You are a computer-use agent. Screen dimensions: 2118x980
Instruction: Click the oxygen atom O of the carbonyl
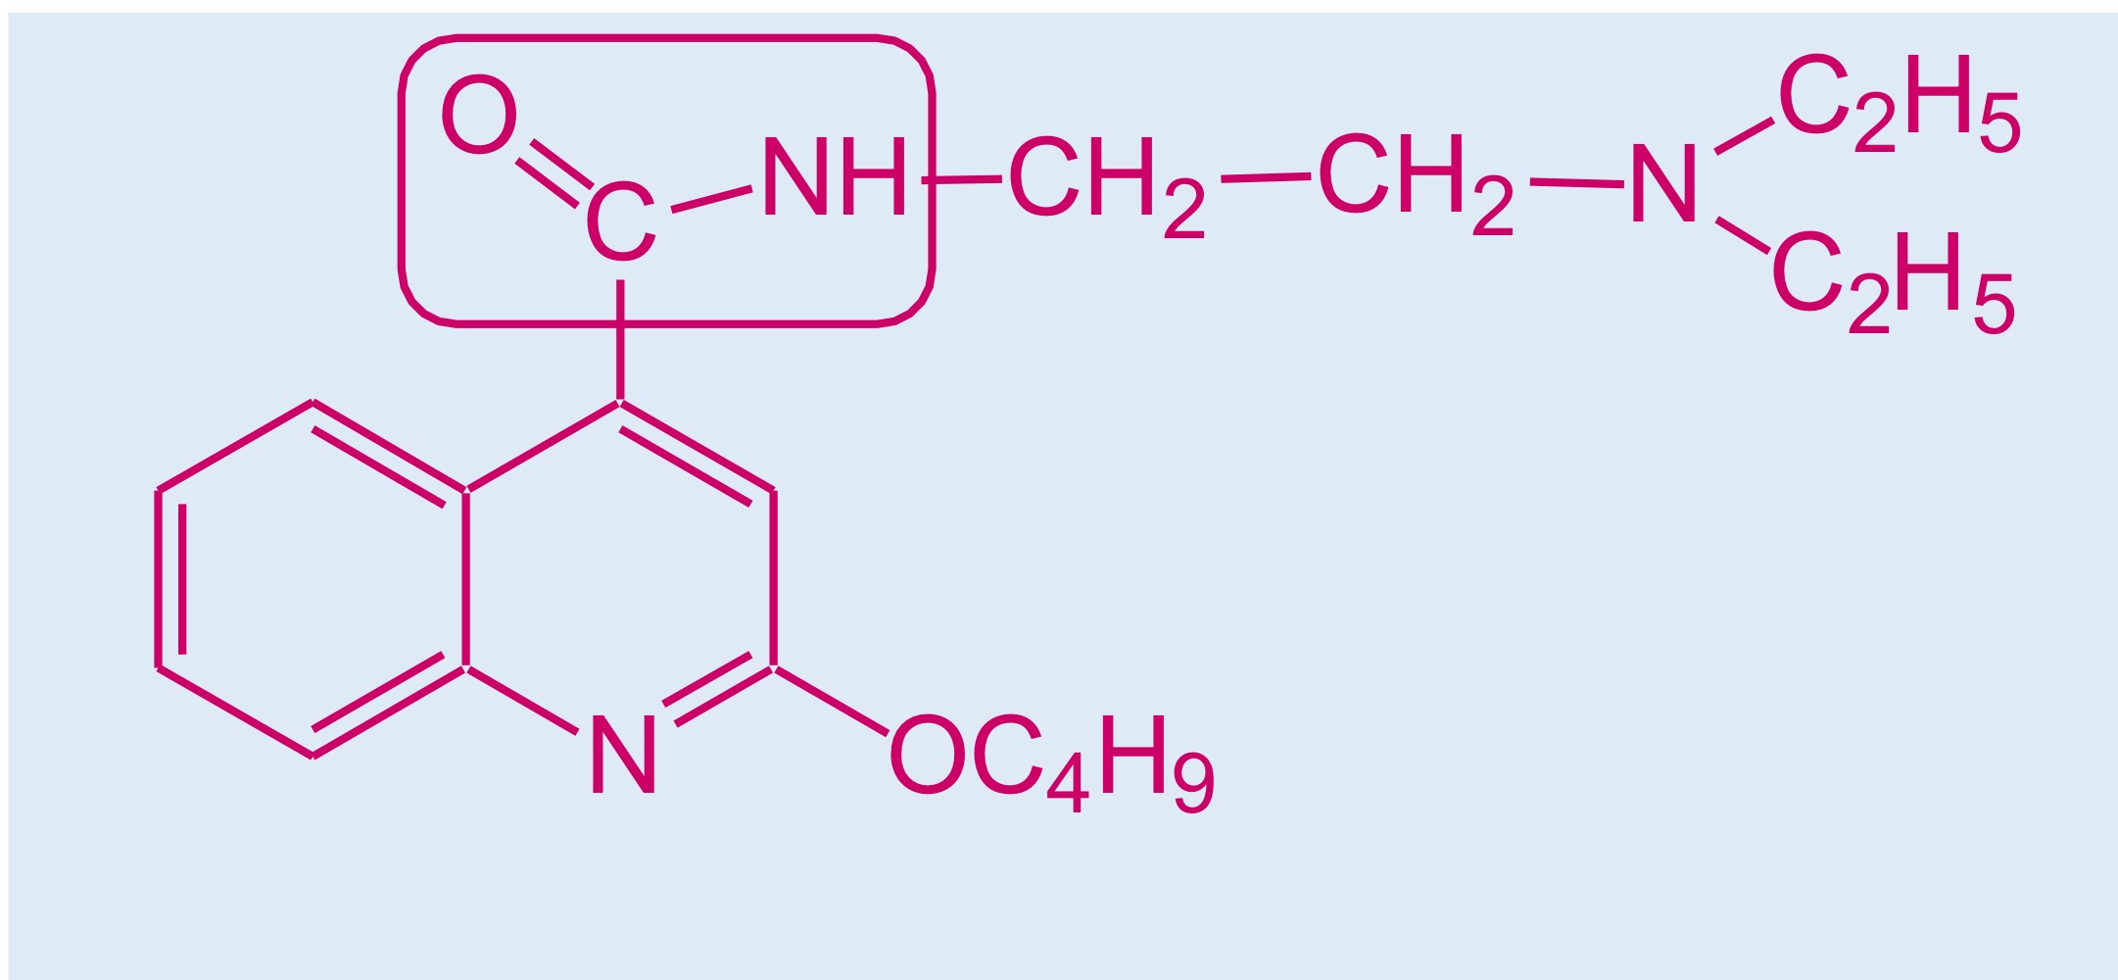(478, 115)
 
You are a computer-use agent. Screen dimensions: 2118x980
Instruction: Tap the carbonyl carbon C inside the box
(620, 222)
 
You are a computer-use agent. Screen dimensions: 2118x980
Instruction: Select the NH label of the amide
(835, 176)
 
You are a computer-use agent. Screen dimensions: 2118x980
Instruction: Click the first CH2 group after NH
(1107, 186)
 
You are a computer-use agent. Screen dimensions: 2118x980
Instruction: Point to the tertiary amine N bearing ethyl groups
(1663, 184)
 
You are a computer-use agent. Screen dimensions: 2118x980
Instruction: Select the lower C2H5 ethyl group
(1893, 282)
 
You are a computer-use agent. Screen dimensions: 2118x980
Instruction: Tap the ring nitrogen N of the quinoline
(623, 754)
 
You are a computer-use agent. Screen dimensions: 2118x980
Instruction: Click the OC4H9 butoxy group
(1051, 763)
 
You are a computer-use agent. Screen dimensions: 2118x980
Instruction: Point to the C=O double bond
(554, 172)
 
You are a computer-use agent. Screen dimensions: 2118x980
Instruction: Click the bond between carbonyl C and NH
(711, 198)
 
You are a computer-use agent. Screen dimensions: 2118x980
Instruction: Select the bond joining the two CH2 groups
(1266, 177)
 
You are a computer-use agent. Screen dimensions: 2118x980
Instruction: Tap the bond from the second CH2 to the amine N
(1577, 182)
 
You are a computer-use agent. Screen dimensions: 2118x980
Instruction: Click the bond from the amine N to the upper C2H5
(1744, 136)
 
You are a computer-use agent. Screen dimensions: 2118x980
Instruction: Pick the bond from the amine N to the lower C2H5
(1743, 235)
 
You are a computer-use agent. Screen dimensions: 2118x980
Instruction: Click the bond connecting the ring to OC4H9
(831, 700)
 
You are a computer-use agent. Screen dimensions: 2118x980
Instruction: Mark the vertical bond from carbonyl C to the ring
(620, 340)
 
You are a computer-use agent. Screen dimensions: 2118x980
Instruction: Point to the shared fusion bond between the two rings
(466, 578)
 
